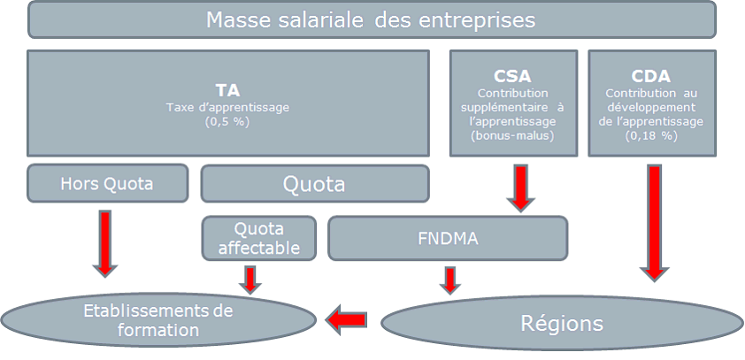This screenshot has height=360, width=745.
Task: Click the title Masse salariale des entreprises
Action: (372, 19)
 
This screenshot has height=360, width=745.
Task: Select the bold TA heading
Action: (227, 90)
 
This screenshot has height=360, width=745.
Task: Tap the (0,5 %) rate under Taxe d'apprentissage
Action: (227, 121)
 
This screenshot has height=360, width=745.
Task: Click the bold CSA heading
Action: (513, 77)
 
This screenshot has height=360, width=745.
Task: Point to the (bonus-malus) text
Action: (513, 135)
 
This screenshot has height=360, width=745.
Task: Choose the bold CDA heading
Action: (650, 77)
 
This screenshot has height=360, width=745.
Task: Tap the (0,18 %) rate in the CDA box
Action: (650, 135)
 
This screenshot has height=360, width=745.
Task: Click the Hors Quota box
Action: (107, 183)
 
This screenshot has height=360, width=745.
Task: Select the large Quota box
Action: (314, 184)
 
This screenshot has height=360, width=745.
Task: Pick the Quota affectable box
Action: (258, 236)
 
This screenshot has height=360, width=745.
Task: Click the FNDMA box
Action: (447, 237)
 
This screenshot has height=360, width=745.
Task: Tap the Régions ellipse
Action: (561, 323)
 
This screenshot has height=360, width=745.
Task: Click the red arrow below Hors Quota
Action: (106, 241)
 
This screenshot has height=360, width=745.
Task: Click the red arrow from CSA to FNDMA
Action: (520, 188)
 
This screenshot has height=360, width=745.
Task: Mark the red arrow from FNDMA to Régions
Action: (450, 279)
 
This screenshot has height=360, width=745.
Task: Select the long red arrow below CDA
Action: (654, 221)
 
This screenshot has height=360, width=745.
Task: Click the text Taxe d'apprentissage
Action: (227, 107)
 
